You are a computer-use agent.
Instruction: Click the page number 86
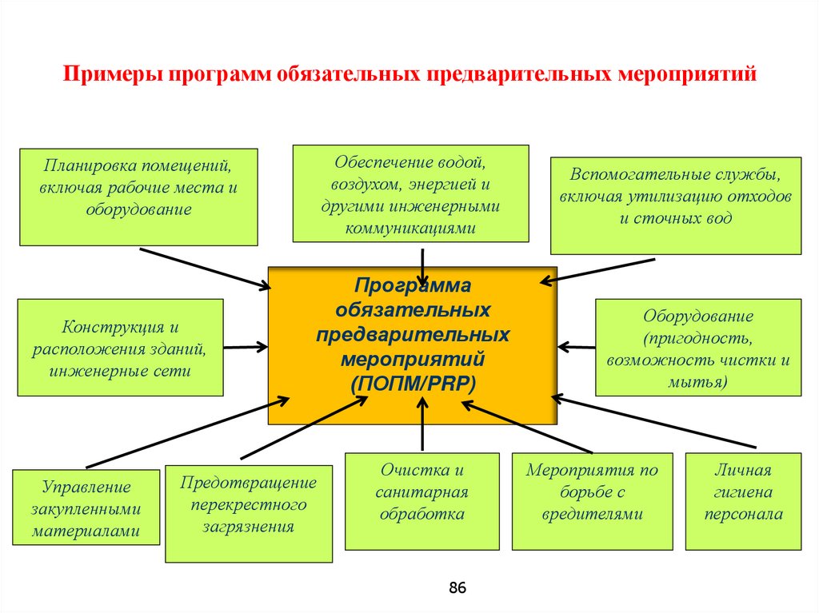point(457,588)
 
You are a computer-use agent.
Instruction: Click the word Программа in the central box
point(413,286)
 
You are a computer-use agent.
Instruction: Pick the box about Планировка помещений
point(138,196)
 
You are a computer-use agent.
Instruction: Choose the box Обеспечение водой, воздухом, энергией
point(410,193)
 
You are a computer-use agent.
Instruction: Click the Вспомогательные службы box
point(675,205)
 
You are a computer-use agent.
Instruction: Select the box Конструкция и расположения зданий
point(120,348)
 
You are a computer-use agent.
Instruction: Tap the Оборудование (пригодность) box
point(697,348)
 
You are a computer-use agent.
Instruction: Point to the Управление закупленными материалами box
point(87,508)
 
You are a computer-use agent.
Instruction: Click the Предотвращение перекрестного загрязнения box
point(248,513)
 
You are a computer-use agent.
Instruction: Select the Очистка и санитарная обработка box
point(421,501)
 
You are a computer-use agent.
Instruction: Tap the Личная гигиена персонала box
point(743,501)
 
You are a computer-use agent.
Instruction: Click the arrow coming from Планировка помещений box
point(205,267)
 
